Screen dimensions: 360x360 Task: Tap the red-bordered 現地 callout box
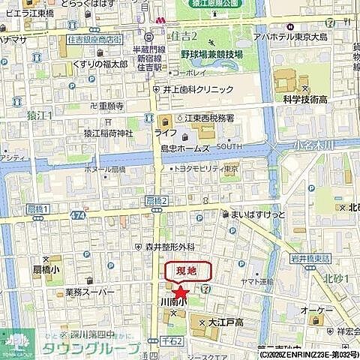(188, 271)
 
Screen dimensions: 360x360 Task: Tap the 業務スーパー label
(89, 292)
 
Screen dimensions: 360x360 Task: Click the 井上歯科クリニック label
(199, 89)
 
